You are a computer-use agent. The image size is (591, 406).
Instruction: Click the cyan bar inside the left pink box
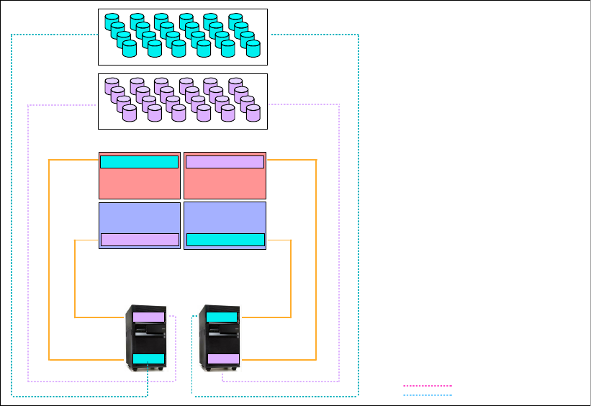tap(139, 162)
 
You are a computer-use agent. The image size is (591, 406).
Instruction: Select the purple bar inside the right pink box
tap(225, 162)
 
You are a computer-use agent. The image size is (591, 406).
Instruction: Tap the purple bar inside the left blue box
tap(140, 240)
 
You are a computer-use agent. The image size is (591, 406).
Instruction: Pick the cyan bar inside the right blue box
tap(225, 240)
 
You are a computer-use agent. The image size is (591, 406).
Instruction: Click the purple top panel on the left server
tap(149, 317)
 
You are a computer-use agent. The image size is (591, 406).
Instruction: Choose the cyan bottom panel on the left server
tap(149, 359)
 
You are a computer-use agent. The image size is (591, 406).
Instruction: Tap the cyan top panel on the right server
tap(223, 317)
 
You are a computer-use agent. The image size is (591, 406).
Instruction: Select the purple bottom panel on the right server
tap(223, 359)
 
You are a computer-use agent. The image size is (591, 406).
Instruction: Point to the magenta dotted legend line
tap(428, 386)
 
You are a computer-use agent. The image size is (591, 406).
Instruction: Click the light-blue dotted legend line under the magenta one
tap(428, 394)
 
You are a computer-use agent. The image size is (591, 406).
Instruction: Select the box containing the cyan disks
tap(182, 36)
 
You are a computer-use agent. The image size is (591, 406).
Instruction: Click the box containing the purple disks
tap(182, 101)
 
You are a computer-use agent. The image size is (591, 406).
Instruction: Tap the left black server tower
tap(149, 338)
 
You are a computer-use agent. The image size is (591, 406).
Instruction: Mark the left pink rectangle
tap(139, 184)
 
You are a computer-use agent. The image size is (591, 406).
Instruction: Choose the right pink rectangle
tap(225, 184)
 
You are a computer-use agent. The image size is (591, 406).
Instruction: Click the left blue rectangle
tap(139, 217)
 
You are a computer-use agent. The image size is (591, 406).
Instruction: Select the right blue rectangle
tap(225, 217)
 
